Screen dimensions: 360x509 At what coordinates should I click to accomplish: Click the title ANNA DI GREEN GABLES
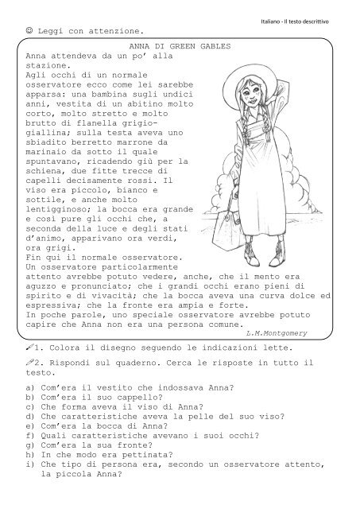tap(179, 48)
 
